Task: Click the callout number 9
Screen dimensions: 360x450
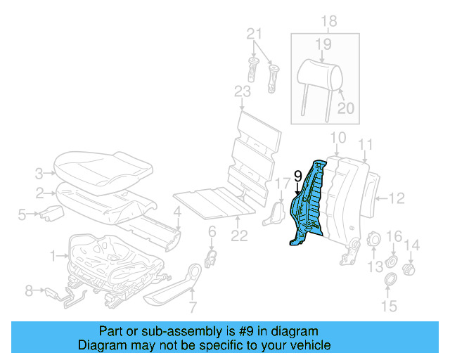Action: tap(297, 176)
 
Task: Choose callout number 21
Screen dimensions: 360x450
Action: tap(254, 34)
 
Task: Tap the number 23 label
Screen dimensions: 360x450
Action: tap(242, 92)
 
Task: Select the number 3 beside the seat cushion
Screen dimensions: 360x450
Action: tap(39, 172)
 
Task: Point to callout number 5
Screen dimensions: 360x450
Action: tap(22, 214)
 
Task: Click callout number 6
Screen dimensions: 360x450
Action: tap(212, 232)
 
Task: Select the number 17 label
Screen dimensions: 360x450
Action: tap(281, 185)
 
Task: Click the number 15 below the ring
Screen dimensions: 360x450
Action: tap(389, 306)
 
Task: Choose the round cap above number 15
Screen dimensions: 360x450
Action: tap(387, 282)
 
